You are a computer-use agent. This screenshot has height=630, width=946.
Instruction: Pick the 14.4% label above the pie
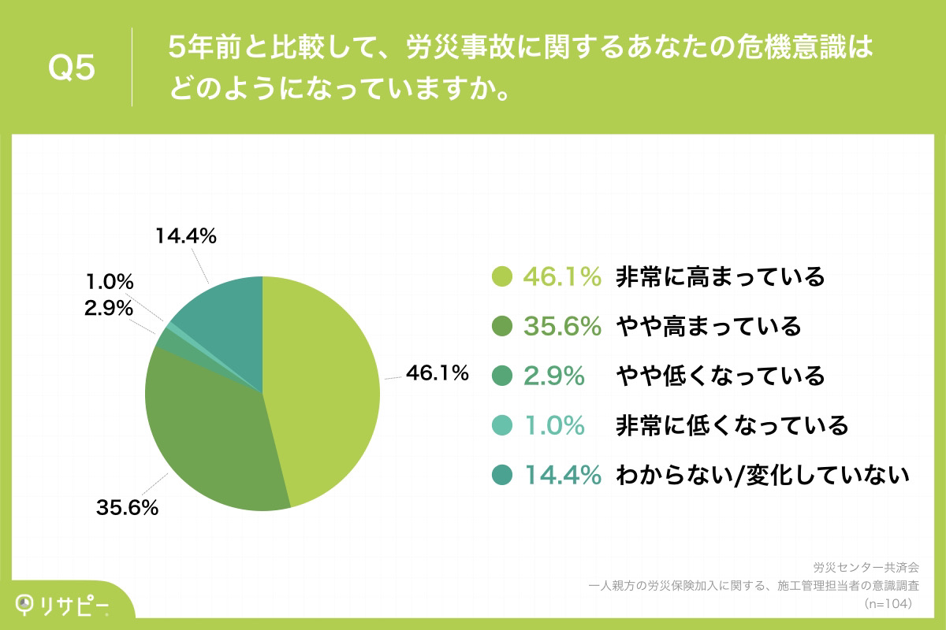[186, 235]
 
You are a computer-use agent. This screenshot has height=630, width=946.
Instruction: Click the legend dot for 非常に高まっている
[502, 276]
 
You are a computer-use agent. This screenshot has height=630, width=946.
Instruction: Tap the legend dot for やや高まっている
[502, 326]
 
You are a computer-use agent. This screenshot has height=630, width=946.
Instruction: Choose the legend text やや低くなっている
[721, 376]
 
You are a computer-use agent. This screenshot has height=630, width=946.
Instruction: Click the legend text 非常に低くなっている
[732, 425]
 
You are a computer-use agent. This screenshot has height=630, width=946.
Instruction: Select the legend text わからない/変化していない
[763, 475]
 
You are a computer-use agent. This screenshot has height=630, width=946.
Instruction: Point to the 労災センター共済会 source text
[866, 566]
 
